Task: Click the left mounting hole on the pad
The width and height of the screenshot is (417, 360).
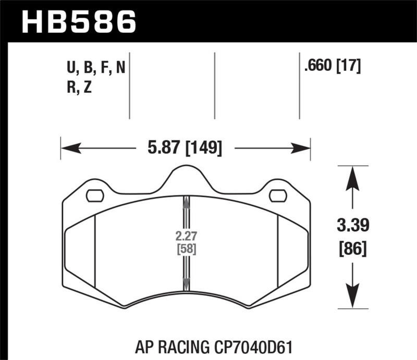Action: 94,196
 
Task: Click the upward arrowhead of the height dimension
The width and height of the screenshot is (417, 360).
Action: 354,177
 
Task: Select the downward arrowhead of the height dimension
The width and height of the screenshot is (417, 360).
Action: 354,297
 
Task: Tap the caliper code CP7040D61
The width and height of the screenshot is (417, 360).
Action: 253,346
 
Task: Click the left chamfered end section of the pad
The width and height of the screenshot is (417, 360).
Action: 80,250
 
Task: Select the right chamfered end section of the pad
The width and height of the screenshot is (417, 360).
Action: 293,250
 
